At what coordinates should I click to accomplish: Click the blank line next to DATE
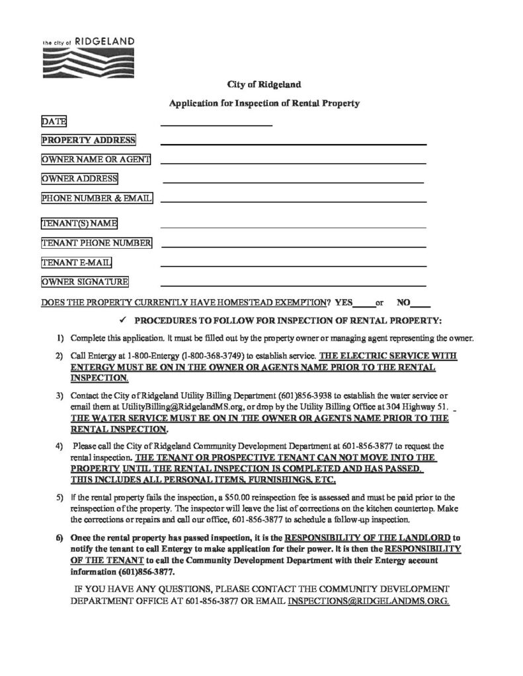point(216,124)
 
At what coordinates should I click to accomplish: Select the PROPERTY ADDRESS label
point(89,140)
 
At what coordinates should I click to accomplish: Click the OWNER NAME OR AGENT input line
point(293,162)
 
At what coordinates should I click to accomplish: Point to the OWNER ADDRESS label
point(79,179)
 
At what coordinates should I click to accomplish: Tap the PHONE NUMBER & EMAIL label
point(97,198)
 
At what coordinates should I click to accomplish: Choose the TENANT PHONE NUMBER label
point(97,244)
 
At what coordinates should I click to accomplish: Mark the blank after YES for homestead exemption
point(364,304)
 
